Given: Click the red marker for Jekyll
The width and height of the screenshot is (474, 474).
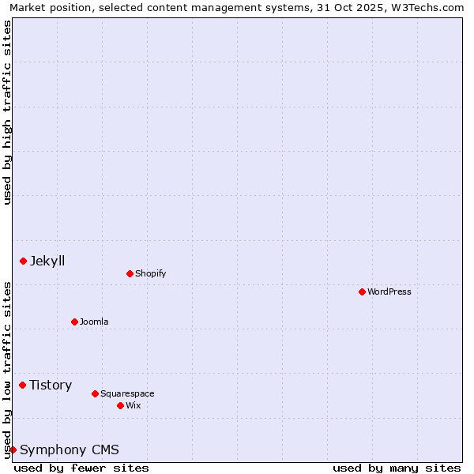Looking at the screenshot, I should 23,261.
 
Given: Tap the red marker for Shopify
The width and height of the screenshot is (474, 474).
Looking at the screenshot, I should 130,273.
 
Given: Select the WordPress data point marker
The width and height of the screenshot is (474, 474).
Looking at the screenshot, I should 362,292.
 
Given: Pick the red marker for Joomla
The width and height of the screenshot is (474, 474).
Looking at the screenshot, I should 74,322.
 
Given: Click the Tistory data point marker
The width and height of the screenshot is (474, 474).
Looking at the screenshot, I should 22,385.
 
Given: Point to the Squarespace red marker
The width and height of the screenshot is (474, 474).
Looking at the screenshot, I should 95,393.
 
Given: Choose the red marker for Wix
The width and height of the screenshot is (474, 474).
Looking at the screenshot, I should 120,405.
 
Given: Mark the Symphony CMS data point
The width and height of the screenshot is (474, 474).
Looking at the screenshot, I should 13,450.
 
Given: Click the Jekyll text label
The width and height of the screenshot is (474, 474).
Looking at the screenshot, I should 47,261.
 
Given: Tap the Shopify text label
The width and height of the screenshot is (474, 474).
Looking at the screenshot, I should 150,273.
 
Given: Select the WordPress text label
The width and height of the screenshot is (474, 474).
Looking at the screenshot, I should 389,292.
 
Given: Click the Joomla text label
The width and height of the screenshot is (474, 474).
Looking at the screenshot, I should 94,322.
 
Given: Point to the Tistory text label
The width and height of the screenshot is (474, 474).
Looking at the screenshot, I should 51,385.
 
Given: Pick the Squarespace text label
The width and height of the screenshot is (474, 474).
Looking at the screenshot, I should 127,393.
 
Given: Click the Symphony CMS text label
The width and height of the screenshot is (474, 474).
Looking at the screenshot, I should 70,450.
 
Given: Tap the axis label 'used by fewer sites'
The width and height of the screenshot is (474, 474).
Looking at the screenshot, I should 81,468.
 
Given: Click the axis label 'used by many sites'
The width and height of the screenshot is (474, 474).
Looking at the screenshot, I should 397,468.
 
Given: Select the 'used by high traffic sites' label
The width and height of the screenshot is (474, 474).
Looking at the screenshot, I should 7,112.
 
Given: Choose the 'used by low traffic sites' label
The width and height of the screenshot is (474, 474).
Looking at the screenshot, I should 7,369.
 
